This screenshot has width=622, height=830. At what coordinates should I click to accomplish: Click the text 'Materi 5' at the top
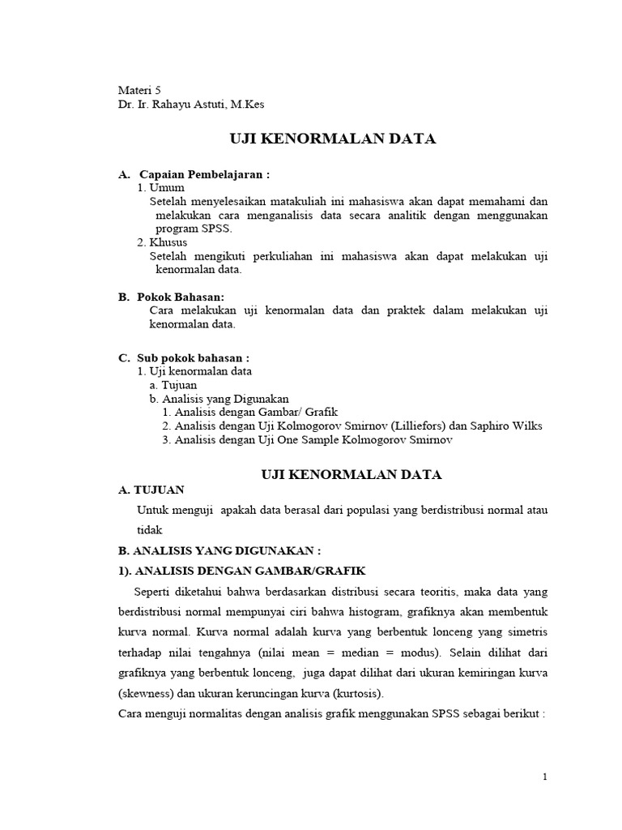(141, 90)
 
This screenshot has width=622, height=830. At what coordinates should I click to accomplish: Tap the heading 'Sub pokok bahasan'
(193, 357)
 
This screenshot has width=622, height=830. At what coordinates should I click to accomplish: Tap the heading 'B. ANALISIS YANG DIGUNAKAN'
(219, 550)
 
